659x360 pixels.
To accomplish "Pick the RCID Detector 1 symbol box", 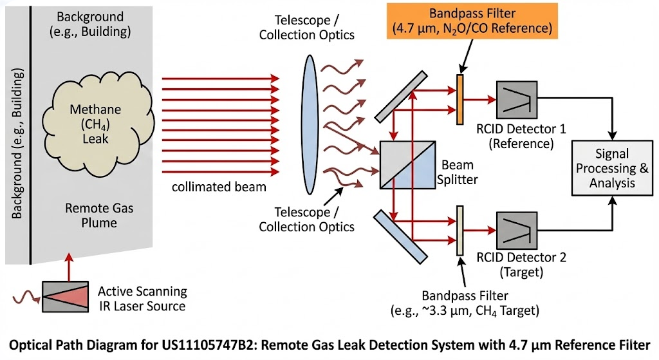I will [x=516, y=100].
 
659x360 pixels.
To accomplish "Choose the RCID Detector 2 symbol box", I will [x=516, y=228].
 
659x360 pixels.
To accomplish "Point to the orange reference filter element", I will [x=459, y=99].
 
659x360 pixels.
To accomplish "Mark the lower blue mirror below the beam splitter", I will [x=400, y=236].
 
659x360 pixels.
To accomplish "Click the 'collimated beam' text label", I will [x=219, y=187].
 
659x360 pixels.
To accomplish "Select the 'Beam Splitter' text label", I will [x=459, y=172].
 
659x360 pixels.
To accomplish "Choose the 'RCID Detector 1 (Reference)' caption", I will [x=521, y=136].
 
